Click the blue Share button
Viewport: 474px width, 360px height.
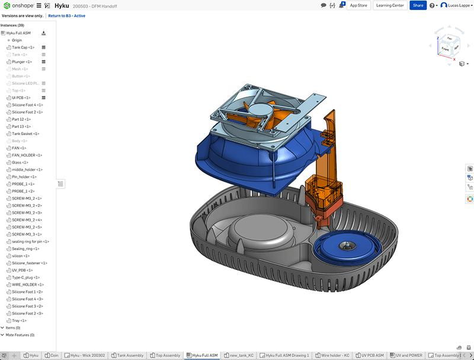pyautogui.click(x=418, y=5)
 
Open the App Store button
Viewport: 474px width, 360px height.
pyautogui.click(x=358, y=5)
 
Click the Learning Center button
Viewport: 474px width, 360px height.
pyautogui.click(x=390, y=5)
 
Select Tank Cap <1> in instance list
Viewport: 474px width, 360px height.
pyautogui.click(x=23, y=47)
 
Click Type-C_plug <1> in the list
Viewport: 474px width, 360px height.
pyautogui.click(x=26, y=277)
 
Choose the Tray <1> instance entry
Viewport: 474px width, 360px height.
pyautogui.click(x=20, y=320)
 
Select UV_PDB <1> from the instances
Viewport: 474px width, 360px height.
pyautogui.click(x=23, y=270)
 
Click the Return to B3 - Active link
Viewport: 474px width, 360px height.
pyautogui.click(x=66, y=16)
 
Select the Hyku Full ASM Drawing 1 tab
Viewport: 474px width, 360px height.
pyautogui.click(x=287, y=355)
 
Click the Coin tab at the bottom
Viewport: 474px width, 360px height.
pyautogui.click(x=53, y=355)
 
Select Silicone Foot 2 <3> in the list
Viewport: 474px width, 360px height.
pyautogui.click(x=27, y=313)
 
